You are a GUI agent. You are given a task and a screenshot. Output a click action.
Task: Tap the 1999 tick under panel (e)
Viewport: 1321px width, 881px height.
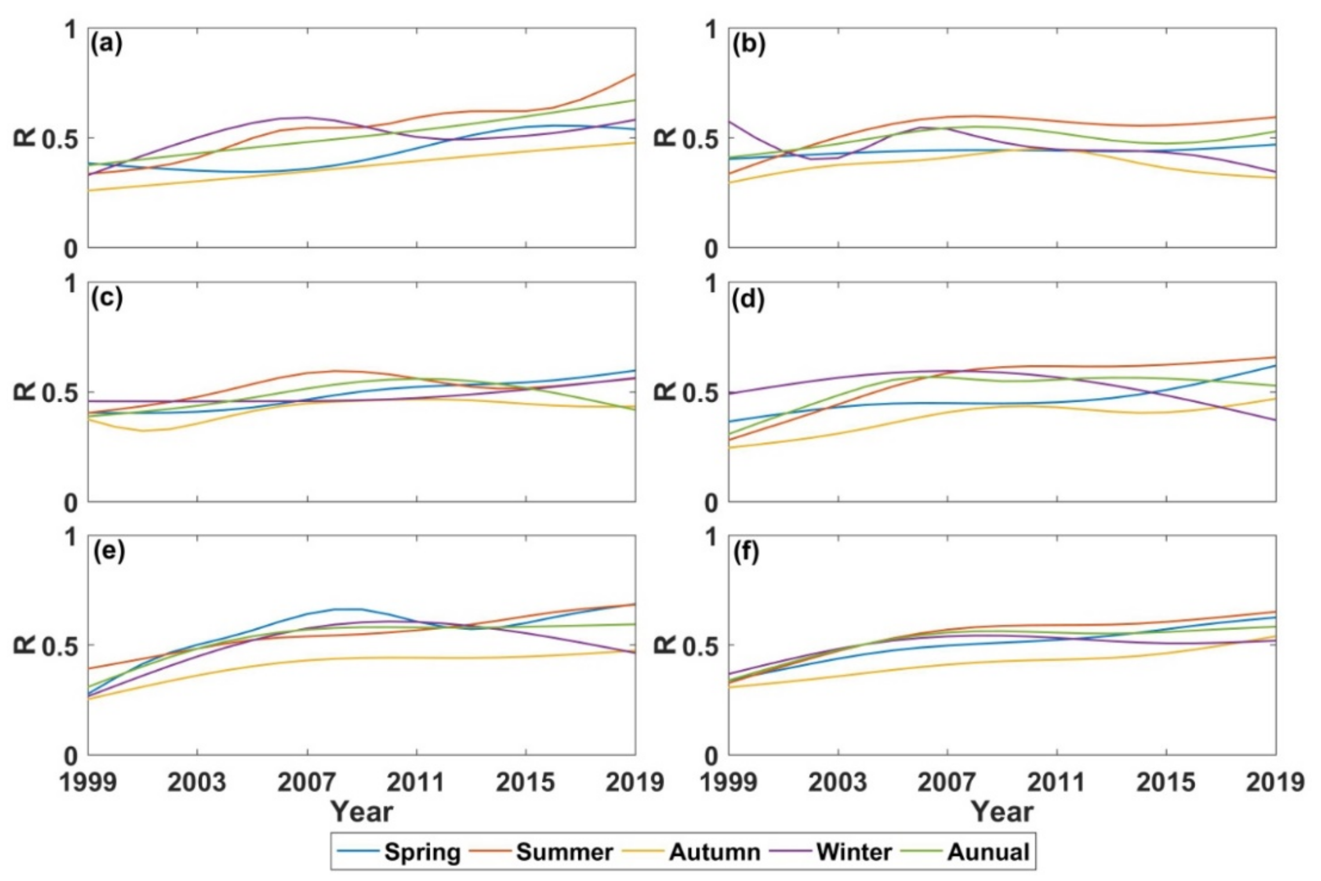tap(88, 782)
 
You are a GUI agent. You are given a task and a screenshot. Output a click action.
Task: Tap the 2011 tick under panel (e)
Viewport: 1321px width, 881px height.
tap(416, 782)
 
